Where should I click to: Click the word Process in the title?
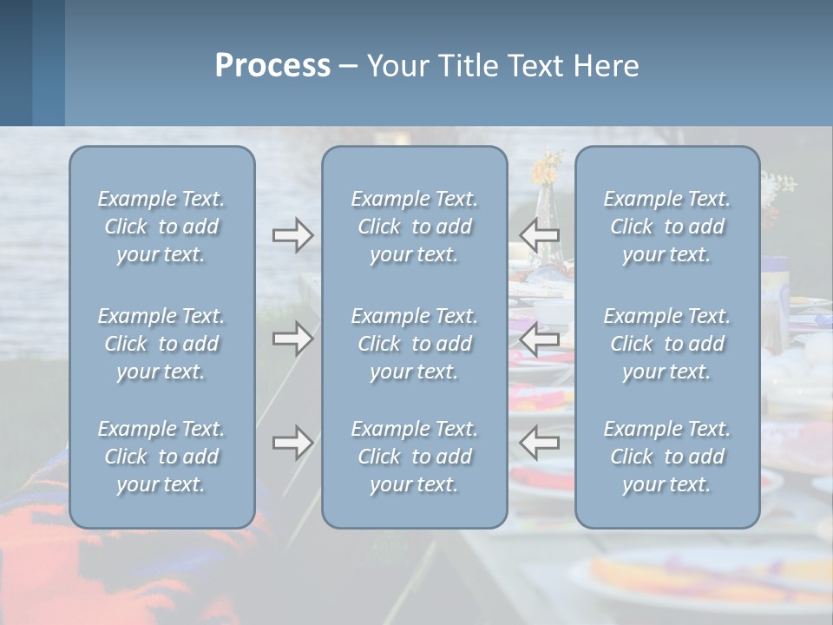[272, 66]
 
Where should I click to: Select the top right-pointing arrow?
[292, 235]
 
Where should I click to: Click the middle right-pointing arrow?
[292, 338]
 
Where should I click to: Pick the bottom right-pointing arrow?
[292, 443]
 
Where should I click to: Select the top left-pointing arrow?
[540, 235]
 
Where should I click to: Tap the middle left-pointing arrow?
[540, 338]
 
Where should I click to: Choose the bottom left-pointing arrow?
[540, 443]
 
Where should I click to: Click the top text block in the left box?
[161, 227]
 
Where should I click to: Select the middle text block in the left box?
[161, 344]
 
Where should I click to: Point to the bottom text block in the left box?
[161, 457]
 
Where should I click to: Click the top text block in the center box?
[415, 227]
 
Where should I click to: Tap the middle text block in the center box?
[415, 344]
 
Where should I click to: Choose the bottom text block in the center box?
[415, 457]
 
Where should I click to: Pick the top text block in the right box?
[667, 227]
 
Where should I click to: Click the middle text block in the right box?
[667, 344]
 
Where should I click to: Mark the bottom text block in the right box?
[667, 457]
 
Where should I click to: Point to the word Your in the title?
[396, 66]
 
